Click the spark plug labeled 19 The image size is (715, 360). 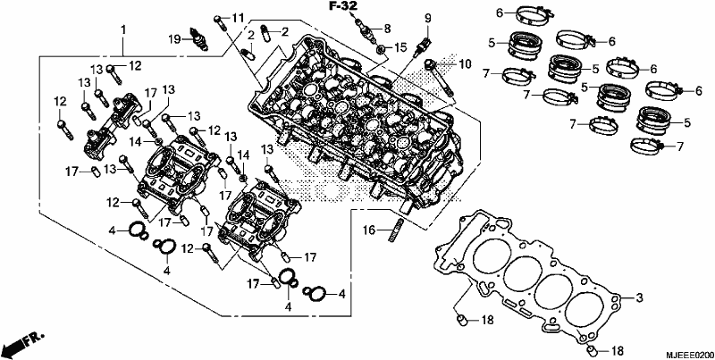[198, 39]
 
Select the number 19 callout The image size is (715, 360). [174, 39]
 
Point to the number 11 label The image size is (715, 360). [238, 19]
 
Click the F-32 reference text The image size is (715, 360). [344, 6]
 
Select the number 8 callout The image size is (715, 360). [387, 29]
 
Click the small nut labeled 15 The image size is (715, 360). [383, 48]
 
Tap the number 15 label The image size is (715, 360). [400, 46]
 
